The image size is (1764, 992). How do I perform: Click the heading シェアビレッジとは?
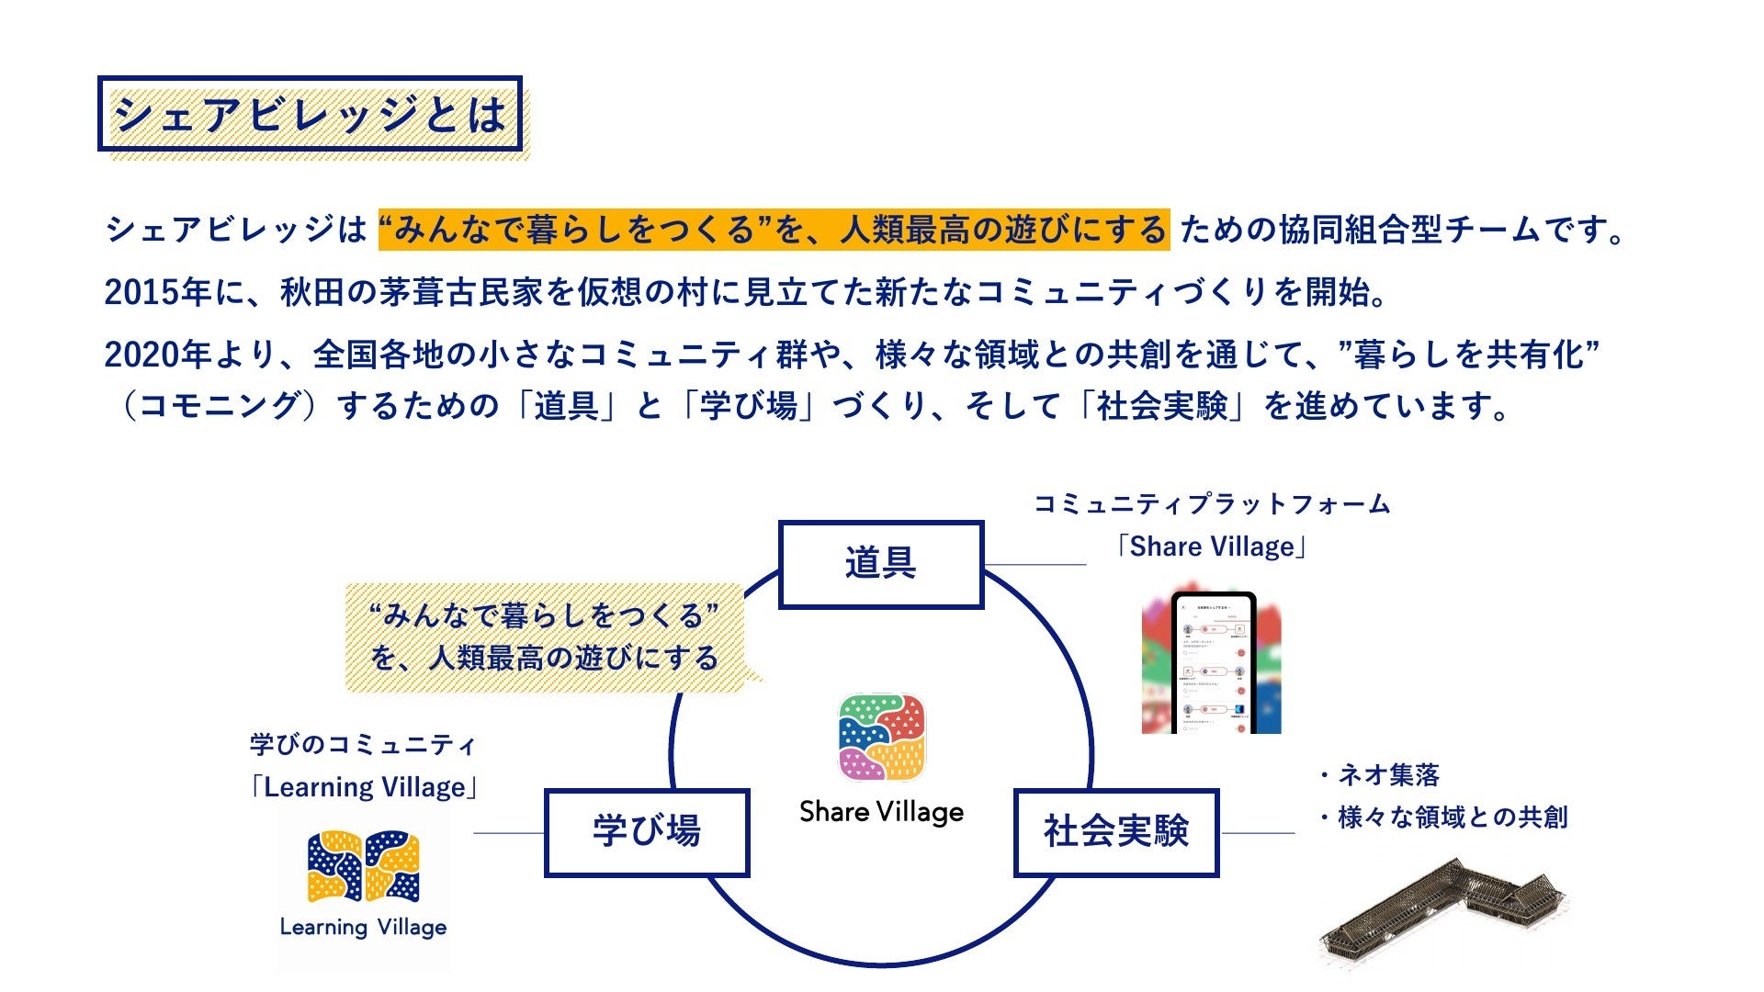310,114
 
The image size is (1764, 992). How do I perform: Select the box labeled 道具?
881,564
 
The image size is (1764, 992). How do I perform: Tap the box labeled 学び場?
647,832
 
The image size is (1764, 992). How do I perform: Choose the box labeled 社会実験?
1116,832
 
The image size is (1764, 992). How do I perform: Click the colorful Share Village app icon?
882,738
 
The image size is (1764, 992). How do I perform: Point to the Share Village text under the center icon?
882,812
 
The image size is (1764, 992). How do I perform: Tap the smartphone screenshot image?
1212,661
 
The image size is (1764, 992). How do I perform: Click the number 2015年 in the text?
158,292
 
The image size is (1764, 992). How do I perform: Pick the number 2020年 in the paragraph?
158,355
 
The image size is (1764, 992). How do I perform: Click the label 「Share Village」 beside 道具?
1211,547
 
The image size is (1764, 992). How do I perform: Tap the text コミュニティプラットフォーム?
1212,504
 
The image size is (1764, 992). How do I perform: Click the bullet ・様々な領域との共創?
1442,817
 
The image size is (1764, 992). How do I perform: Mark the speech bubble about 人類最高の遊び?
545,637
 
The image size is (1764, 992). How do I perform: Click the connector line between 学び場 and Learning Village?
509,833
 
